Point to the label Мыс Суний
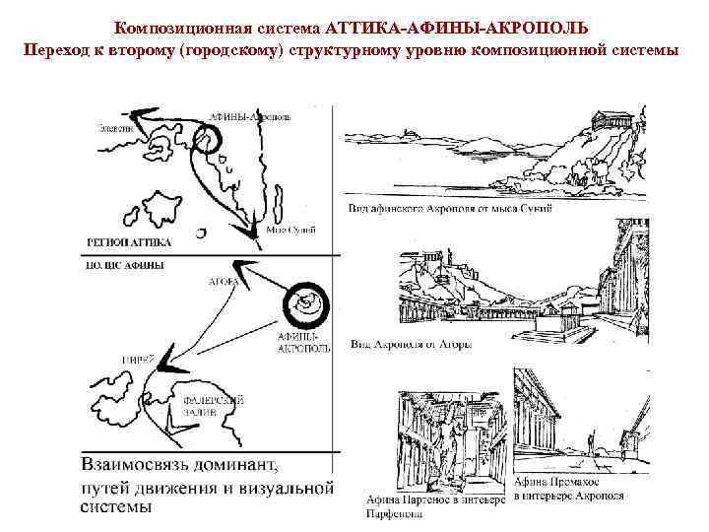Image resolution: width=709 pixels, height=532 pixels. click(292, 230)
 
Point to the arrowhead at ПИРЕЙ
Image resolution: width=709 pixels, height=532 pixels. click(166, 359)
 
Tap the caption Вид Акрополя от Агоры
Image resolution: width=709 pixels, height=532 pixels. click(412, 345)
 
